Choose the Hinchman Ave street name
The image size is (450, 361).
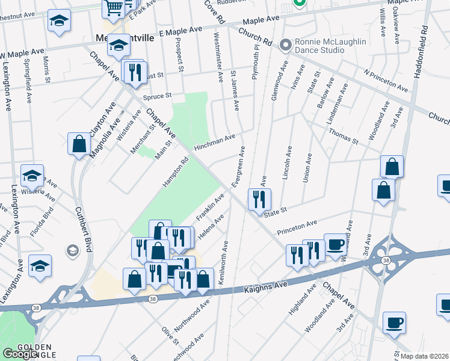[x=214, y=142]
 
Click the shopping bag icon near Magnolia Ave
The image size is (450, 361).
[x=79, y=144]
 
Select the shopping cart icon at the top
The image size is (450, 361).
[x=113, y=8]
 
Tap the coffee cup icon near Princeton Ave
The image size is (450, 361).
[x=336, y=244]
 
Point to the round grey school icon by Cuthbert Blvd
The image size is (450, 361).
[x=72, y=250]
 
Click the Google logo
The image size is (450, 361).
[x=20, y=354]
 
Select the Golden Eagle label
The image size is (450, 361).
[x=36, y=347]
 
